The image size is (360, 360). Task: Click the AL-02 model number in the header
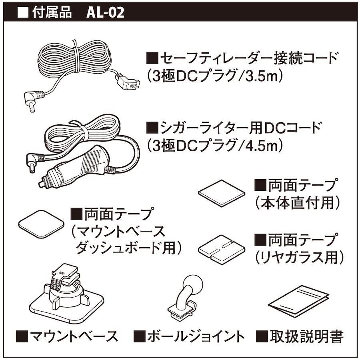coord(105,13)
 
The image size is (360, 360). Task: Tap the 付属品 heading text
coord(52,13)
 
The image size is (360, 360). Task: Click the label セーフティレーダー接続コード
coord(249,58)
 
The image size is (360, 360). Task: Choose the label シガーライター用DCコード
coord(240,128)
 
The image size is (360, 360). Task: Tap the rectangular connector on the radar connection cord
coord(128,82)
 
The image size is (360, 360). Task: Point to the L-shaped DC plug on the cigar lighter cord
coord(34,162)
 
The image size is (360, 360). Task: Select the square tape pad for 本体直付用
coord(222,193)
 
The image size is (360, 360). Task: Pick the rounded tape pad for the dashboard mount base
coord(41,224)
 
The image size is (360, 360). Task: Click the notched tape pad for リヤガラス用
coord(222,249)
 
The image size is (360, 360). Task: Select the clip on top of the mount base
coord(66,277)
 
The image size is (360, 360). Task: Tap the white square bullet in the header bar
coord(23,13)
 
